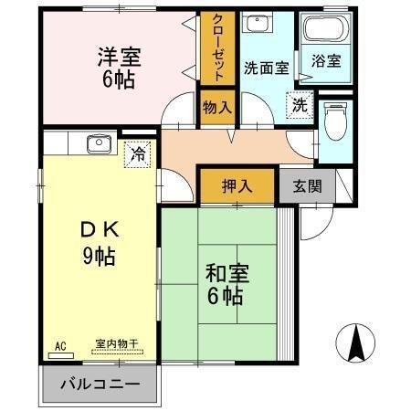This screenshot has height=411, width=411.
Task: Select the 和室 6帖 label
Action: point(225,284)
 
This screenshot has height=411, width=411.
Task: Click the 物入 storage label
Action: point(217,108)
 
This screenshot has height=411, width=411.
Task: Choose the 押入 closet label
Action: point(237,186)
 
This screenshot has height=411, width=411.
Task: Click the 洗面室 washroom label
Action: point(265,67)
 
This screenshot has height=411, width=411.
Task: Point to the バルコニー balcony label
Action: point(100,384)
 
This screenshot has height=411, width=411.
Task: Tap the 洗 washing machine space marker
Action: point(299,105)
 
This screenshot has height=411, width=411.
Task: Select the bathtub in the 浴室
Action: point(326,34)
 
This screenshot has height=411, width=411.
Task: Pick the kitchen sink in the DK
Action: point(96,143)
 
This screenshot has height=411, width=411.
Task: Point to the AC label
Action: point(61,346)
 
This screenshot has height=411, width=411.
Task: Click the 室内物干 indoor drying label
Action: point(116,344)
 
